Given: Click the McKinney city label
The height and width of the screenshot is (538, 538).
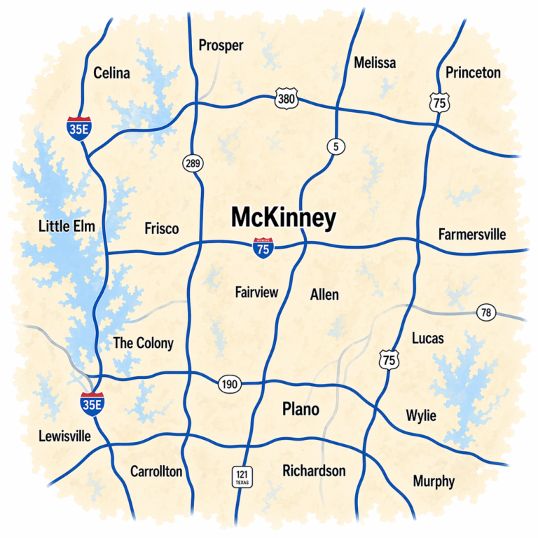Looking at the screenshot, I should click(284, 219).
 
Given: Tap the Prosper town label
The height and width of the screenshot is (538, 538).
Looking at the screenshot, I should click(221, 46).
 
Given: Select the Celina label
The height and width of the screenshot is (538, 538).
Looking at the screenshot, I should click(111, 73).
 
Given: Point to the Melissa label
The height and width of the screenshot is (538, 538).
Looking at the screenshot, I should click(374, 62).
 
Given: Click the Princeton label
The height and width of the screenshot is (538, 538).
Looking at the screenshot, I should click(473, 72).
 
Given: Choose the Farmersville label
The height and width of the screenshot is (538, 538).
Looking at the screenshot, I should click(471, 234).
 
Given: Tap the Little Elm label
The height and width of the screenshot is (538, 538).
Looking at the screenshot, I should click(67, 226).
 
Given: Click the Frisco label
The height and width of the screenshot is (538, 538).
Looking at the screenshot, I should click(161, 228).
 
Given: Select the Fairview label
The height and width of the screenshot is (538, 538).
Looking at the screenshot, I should click(256, 292).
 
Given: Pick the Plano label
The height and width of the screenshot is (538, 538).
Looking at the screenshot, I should click(301, 409).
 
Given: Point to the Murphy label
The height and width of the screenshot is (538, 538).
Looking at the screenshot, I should click(434, 481).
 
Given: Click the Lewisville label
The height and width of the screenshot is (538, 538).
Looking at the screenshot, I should click(64, 436).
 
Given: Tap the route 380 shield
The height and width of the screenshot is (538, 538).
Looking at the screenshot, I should click(287, 99).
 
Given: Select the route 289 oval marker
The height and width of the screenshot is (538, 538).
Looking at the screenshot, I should click(193, 164).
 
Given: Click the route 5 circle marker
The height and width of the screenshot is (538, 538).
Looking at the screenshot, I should click(336, 146).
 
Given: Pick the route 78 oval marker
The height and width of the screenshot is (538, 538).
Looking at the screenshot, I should click(486, 312).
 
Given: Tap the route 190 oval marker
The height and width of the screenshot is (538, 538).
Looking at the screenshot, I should click(228, 384).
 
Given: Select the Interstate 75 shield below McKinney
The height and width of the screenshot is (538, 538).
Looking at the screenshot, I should click(263, 248).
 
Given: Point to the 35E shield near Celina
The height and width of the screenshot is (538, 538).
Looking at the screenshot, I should click(78, 127).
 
